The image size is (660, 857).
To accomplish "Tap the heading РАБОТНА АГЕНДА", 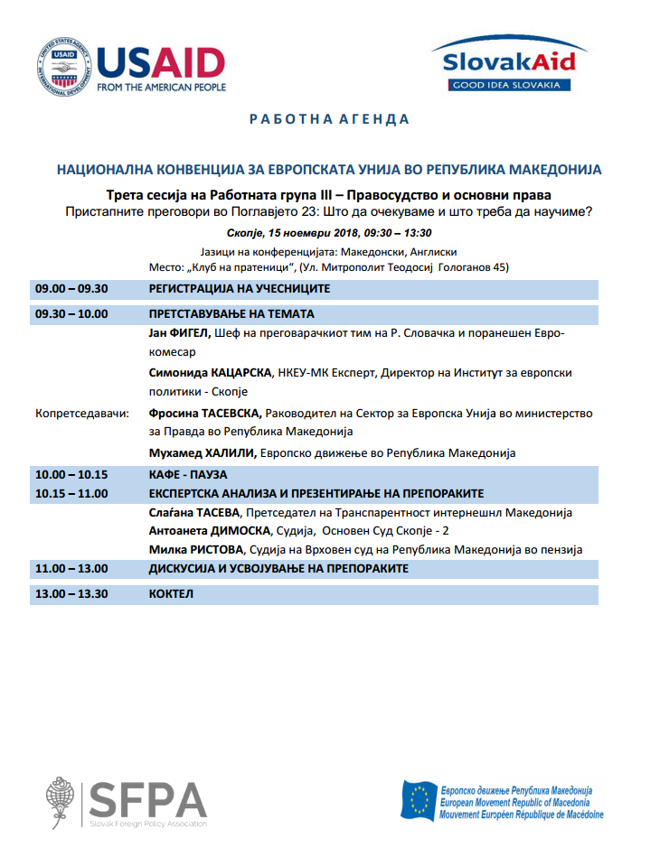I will (329, 119).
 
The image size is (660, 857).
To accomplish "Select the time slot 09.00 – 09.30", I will (71, 289).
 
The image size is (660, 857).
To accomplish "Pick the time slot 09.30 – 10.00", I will (71, 314).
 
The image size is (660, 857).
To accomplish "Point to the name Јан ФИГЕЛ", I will (179, 333).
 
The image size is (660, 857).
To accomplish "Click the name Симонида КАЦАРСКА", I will (210, 372).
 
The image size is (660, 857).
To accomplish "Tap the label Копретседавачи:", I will (82, 413).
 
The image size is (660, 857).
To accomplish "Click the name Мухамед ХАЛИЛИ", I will (201, 452).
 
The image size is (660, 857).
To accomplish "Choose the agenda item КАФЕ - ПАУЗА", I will (187, 474).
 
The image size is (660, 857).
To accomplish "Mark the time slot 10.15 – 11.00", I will (71, 493).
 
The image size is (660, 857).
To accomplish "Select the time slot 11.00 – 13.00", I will (71, 569).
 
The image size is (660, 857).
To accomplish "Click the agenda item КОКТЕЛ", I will (172, 594).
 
